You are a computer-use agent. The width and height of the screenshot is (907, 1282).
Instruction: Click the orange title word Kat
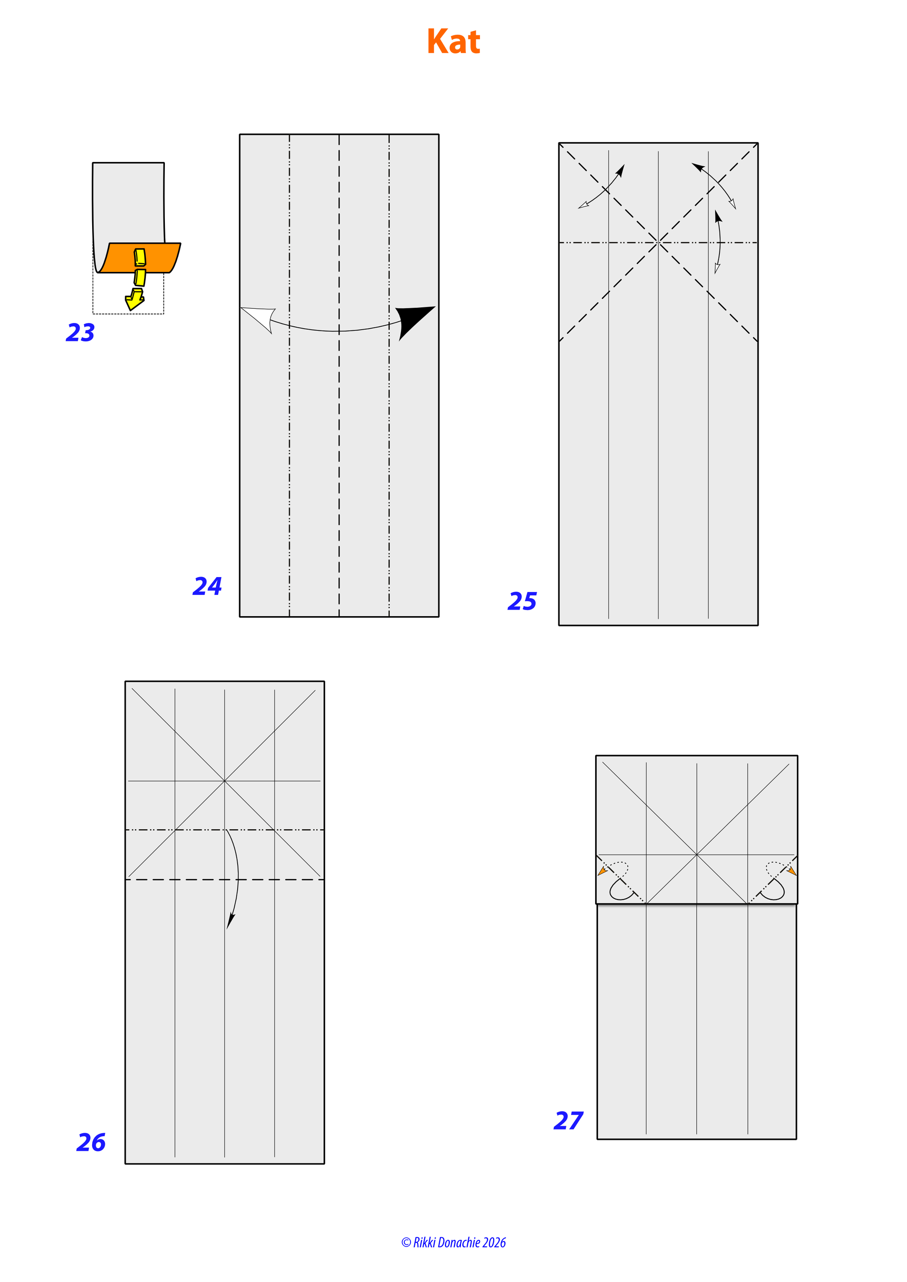click(x=453, y=42)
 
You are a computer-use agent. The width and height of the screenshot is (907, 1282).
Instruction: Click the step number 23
click(x=80, y=333)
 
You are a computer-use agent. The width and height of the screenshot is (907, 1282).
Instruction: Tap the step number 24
click(x=207, y=586)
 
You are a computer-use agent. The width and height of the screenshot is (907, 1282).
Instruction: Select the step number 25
click(x=522, y=602)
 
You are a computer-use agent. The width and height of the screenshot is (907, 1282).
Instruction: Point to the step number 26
click(x=91, y=1142)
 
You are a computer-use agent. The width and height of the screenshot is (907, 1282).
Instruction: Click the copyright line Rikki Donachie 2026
click(x=453, y=1242)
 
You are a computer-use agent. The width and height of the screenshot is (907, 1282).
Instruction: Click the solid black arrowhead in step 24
click(x=413, y=321)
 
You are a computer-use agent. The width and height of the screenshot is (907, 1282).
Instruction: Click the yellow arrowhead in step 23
click(x=135, y=300)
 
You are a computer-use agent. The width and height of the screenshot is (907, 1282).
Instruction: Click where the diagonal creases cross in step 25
click(x=659, y=242)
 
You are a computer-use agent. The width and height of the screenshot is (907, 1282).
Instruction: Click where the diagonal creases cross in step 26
click(x=224, y=781)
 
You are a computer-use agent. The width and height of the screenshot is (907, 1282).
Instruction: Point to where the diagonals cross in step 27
click(x=697, y=854)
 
